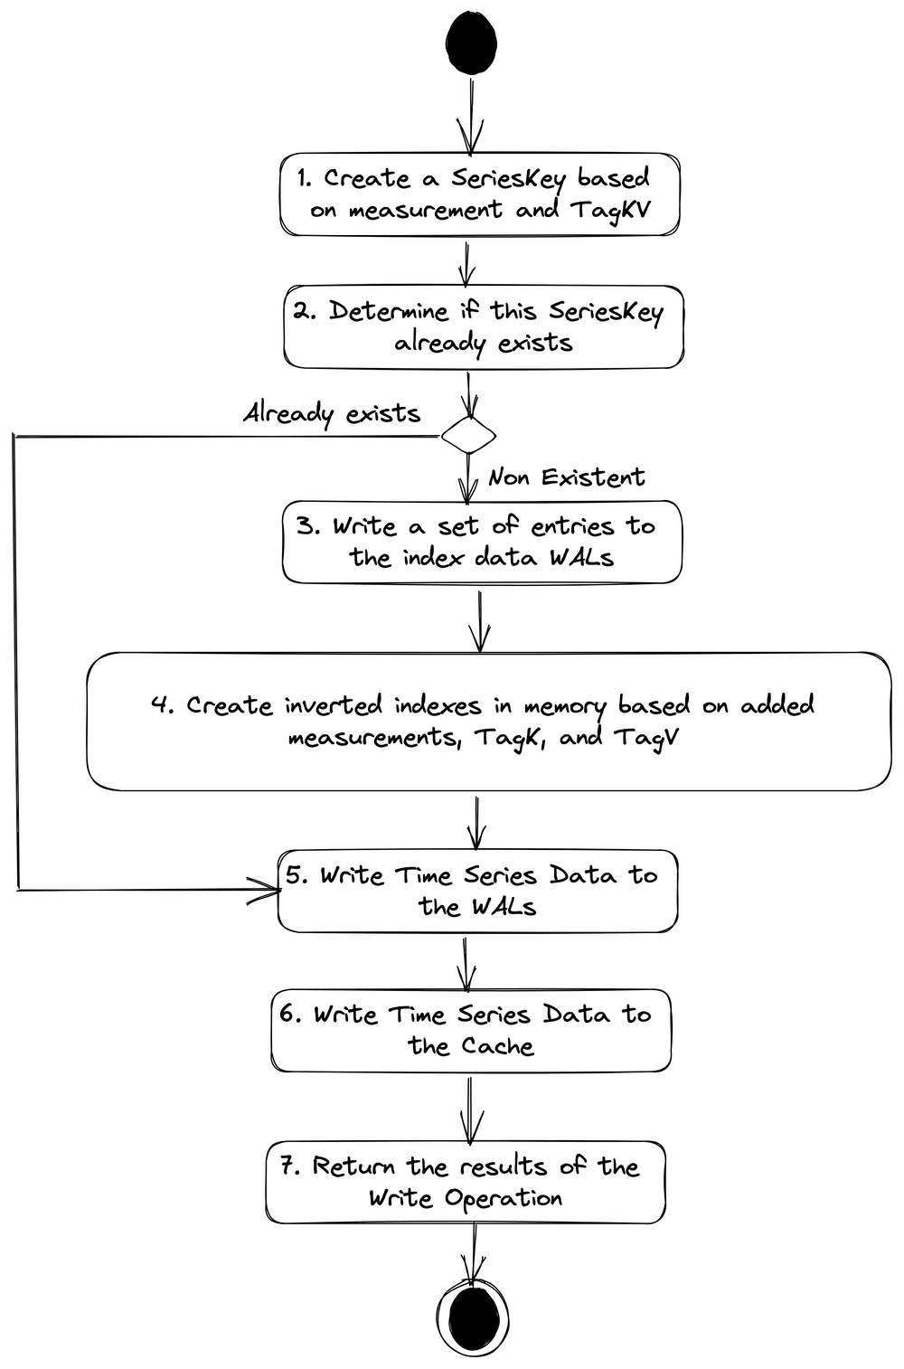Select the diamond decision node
pyautogui.click(x=468, y=436)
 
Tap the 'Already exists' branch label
pyautogui.click(x=332, y=413)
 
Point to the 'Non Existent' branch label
pyautogui.click(x=567, y=477)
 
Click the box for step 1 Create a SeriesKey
pyautogui.click(x=479, y=194)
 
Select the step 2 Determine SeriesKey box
pyautogui.click(x=484, y=326)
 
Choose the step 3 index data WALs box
pyautogui.click(x=482, y=542)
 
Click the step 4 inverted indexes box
pyautogui.click(x=488, y=721)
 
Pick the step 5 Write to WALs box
pyautogui.click(x=477, y=891)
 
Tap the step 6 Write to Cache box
pyautogui.click(x=471, y=1031)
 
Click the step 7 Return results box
pyautogui.click(x=466, y=1182)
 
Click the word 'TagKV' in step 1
pyautogui.click(x=610, y=211)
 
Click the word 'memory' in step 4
pyautogui.click(x=565, y=706)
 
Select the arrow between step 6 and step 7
pyautogui.click(x=470, y=1108)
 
